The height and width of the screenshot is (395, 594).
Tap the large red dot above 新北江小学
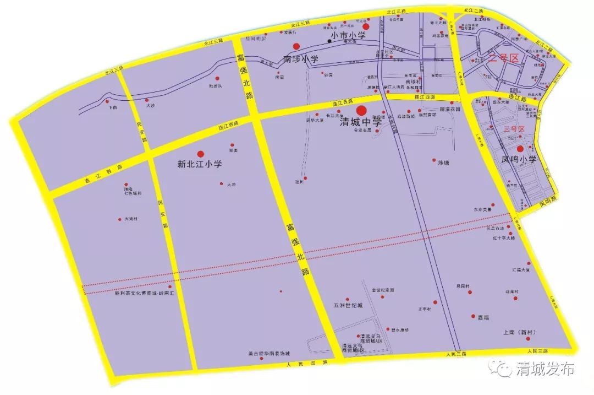(x=201, y=154)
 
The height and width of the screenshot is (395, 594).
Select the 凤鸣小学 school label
(x=519, y=160)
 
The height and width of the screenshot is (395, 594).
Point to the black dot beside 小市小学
(x=329, y=41)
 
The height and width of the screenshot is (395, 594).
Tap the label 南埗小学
(x=301, y=58)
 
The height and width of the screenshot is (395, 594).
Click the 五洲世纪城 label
(x=348, y=305)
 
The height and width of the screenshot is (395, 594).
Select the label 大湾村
(x=130, y=219)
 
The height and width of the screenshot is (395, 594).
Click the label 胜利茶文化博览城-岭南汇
(x=144, y=294)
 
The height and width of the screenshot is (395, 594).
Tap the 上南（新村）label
(x=519, y=332)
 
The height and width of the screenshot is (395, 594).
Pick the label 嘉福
(x=483, y=317)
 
